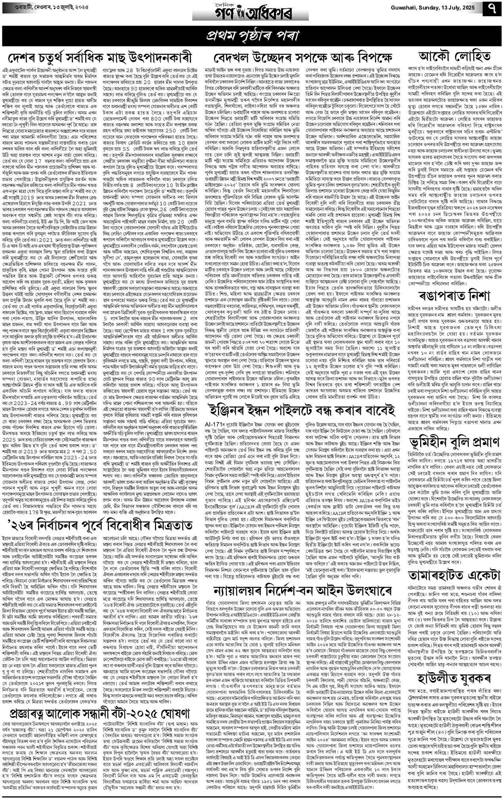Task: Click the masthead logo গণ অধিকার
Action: click(x=251, y=11)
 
